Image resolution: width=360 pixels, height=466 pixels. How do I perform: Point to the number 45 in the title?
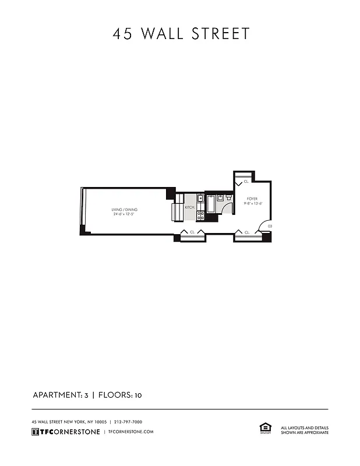123,34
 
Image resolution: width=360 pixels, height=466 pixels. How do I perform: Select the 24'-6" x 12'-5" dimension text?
125,214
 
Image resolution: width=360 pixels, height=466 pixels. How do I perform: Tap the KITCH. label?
190,207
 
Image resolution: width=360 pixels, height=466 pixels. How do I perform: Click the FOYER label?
252,199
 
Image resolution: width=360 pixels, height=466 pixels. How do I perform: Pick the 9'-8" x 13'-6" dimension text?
253,204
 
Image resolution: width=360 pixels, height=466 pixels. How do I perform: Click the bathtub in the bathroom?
211,205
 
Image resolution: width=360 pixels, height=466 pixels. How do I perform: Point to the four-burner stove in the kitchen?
200,216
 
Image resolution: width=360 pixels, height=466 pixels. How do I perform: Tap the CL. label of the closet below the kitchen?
192,232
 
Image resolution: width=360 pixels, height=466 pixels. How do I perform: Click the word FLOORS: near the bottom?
115,395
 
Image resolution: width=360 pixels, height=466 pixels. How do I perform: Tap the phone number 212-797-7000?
128,422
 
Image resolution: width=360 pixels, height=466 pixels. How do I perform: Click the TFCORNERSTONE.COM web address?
131,432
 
